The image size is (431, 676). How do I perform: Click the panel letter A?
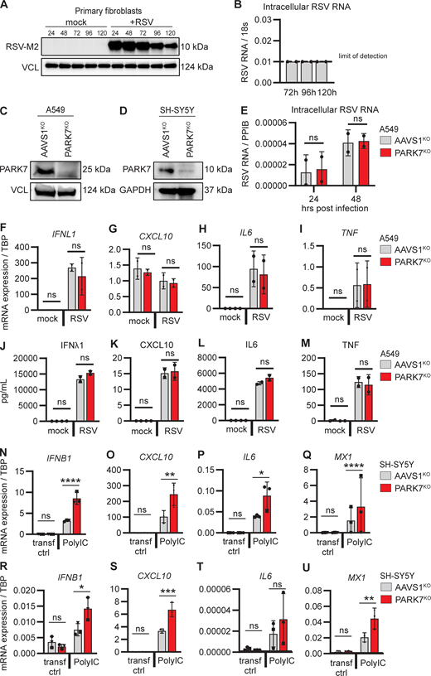click(x=6, y=6)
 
